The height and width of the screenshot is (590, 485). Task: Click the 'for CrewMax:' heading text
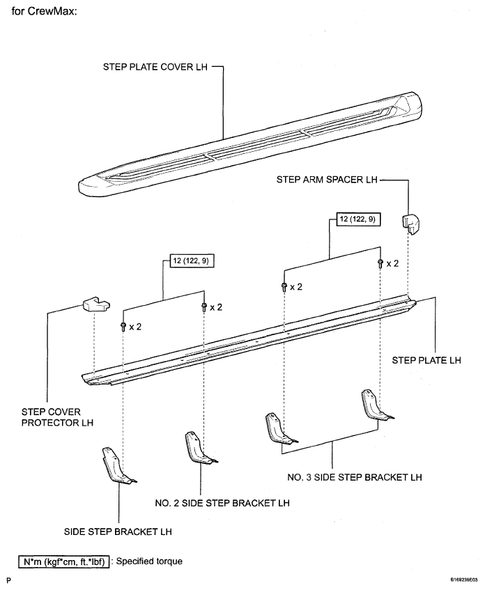coord(44,11)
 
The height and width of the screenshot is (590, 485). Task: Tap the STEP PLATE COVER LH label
coord(155,67)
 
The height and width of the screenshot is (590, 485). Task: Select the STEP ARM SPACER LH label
coord(327,180)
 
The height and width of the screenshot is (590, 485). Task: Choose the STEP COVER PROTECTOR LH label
coord(57,417)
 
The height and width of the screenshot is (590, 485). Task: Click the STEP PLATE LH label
coord(426,360)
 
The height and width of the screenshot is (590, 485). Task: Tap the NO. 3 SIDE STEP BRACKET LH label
coord(354,477)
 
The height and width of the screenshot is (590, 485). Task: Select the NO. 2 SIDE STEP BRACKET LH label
coord(222,503)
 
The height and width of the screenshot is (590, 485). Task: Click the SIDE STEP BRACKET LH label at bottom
coord(118,531)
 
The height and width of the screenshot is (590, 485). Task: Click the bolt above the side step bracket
coord(123,326)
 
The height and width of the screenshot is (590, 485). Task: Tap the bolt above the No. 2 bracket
coord(204,306)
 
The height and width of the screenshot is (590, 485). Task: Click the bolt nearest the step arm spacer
coord(380,263)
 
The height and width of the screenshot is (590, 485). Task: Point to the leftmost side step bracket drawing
coord(118,465)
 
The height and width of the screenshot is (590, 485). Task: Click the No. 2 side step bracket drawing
coord(199,448)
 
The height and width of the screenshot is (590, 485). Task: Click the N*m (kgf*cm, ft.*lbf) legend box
coord(64,561)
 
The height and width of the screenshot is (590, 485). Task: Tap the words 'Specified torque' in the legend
coord(149,561)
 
